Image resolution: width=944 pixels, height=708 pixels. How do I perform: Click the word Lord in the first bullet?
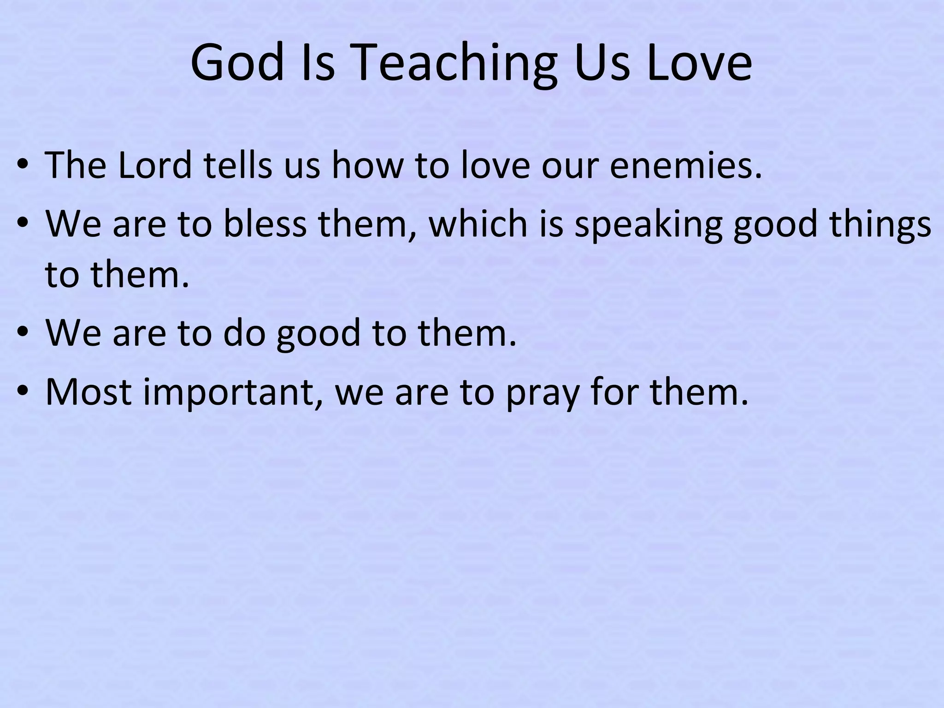(155, 165)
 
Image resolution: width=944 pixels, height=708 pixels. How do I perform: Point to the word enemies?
(685, 165)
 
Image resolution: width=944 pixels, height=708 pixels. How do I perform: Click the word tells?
(238, 165)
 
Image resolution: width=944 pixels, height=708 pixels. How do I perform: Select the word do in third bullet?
(244, 332)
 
